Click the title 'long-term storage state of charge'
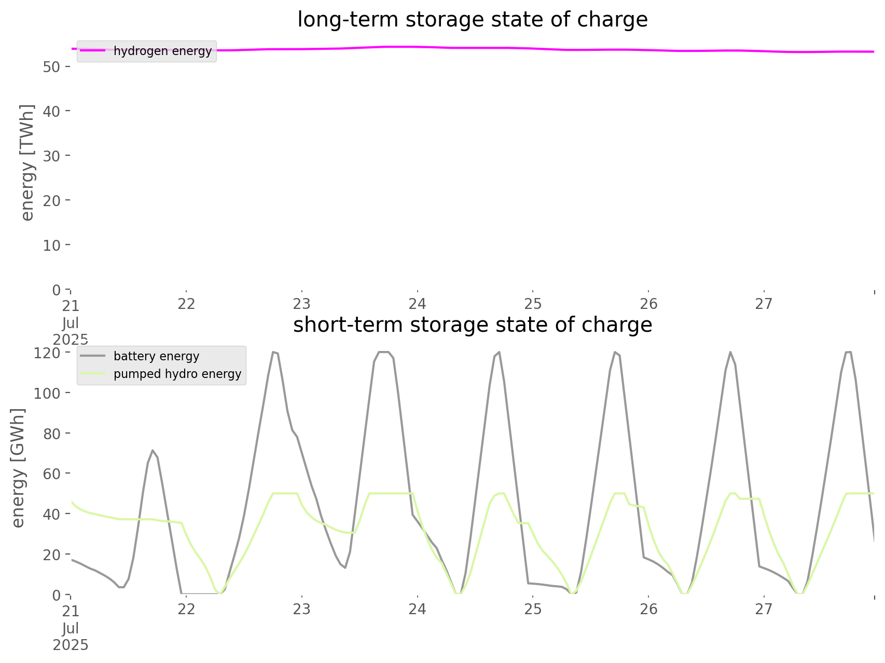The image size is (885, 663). [x=472, y=20]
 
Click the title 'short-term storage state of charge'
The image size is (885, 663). [x=472, y=325]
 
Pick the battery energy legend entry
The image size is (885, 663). [x=156, y=356]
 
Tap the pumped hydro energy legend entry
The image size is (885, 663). [x=177, y=374]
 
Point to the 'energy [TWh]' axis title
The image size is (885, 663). [x=27, y=163]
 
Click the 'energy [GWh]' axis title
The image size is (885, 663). [x=18, y=468]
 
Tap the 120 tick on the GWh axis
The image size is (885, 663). [x=47, y=353]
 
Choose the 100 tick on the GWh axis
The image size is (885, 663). [x=47, y=393]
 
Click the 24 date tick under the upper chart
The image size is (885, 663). [x=417, y=304]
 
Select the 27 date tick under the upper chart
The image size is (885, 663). [x=764, y=304]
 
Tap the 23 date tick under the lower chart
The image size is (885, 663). [x=301, y=609]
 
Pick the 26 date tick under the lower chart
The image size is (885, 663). [x=648, y=609]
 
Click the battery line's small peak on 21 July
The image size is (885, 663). [x=152, y=451]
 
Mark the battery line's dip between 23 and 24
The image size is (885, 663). [x=345, y=567]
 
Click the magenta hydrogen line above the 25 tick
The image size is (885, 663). [x=533, y=48]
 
